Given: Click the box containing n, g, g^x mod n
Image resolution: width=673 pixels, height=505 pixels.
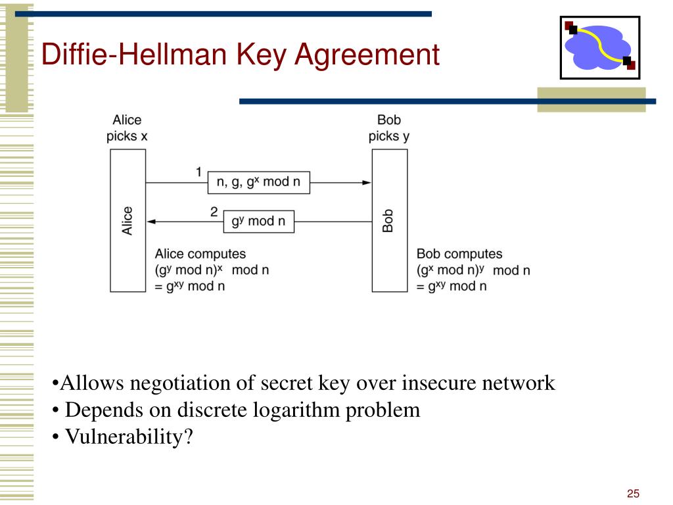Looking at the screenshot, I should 259,181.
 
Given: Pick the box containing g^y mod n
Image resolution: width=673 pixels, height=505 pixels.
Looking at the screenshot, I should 258,221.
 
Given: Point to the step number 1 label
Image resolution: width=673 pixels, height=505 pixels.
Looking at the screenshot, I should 198,172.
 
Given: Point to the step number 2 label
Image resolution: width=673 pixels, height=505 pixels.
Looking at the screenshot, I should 214,212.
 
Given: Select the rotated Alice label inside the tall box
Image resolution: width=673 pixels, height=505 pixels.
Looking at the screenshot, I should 128,220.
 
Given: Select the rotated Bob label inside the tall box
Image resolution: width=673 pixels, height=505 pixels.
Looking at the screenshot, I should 388,220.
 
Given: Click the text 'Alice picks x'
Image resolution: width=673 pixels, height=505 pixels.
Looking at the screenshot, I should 127,128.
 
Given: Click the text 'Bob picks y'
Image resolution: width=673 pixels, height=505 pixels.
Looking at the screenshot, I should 388,128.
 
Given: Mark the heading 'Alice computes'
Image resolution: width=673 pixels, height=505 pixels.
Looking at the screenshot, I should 200,254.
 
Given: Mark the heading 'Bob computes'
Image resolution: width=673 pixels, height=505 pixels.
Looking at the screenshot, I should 459,254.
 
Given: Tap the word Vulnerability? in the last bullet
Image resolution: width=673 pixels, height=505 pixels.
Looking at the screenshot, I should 129,436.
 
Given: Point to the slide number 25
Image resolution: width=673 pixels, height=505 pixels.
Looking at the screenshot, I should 634,494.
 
